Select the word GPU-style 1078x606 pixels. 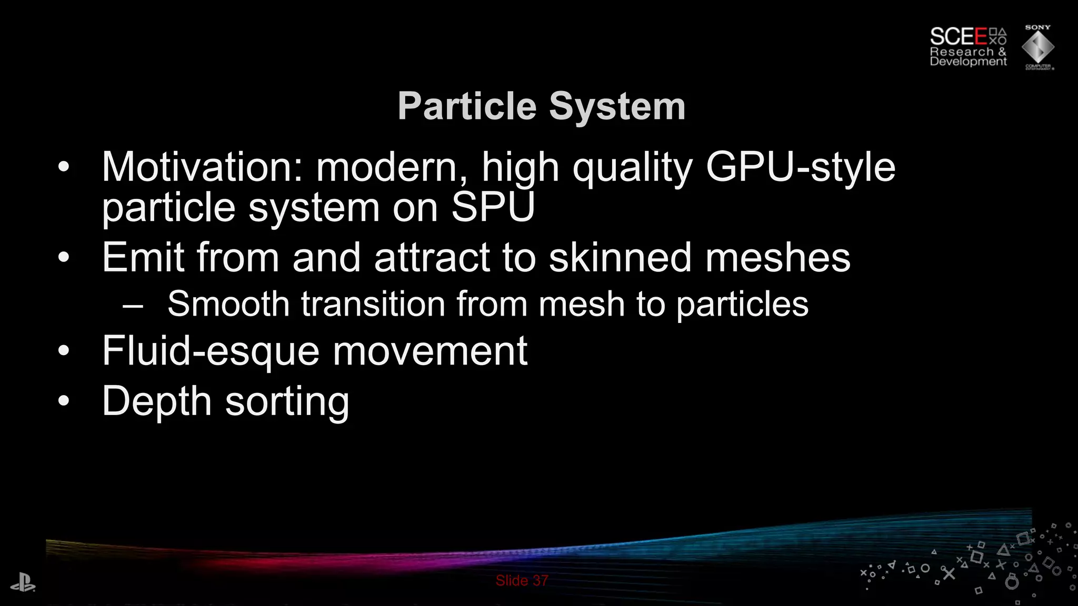pos(800,167)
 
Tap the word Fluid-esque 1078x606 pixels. pos(211,351)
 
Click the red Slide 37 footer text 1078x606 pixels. pos(522,581)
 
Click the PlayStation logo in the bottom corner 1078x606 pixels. pos(23,583)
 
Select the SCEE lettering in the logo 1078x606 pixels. pos(959,37)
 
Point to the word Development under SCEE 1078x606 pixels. pos(968,62)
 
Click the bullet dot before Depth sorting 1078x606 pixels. pos(64,401)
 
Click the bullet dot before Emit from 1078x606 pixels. pos(64,258)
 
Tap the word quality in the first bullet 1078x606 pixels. pos(632,167)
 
